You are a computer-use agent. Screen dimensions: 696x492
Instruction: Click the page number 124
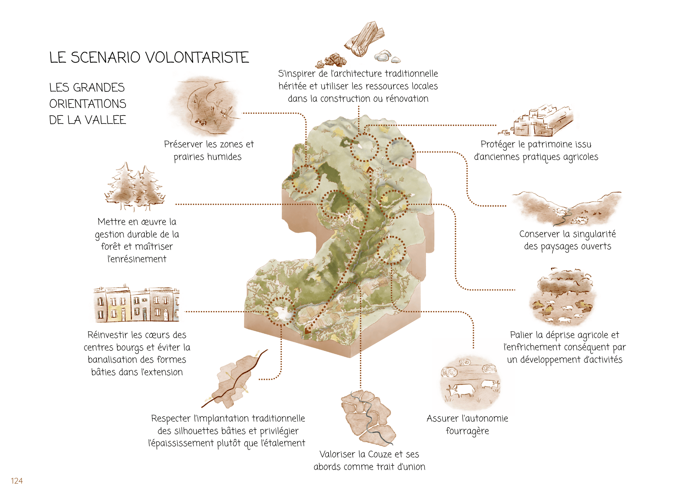pyautogui.click(x=17, y=481)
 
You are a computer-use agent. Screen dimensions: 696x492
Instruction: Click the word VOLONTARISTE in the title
pyautogui.click(x=197, y=57)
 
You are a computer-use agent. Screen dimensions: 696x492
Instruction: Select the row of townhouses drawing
pyautogui.click(x=136, y=304)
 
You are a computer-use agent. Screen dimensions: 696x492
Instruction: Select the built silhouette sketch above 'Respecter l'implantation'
pyautogui.click(x=235, y=379)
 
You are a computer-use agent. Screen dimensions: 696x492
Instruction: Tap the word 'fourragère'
pyautogui.click(x=467, y=431)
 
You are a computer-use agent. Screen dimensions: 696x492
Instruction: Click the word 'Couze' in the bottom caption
pyautogui.click(x=380, y=454)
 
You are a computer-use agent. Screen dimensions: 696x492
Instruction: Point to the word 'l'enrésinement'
pyautogui.click(x=137, y=259)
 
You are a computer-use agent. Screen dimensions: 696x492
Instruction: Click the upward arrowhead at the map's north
pyautogui.click(x=370, y=169)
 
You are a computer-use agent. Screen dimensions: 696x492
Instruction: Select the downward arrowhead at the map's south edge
pyautogui.click(x=307, y=331)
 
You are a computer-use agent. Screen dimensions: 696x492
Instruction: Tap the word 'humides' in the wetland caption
pyautogui.click(x=225, y=157)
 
